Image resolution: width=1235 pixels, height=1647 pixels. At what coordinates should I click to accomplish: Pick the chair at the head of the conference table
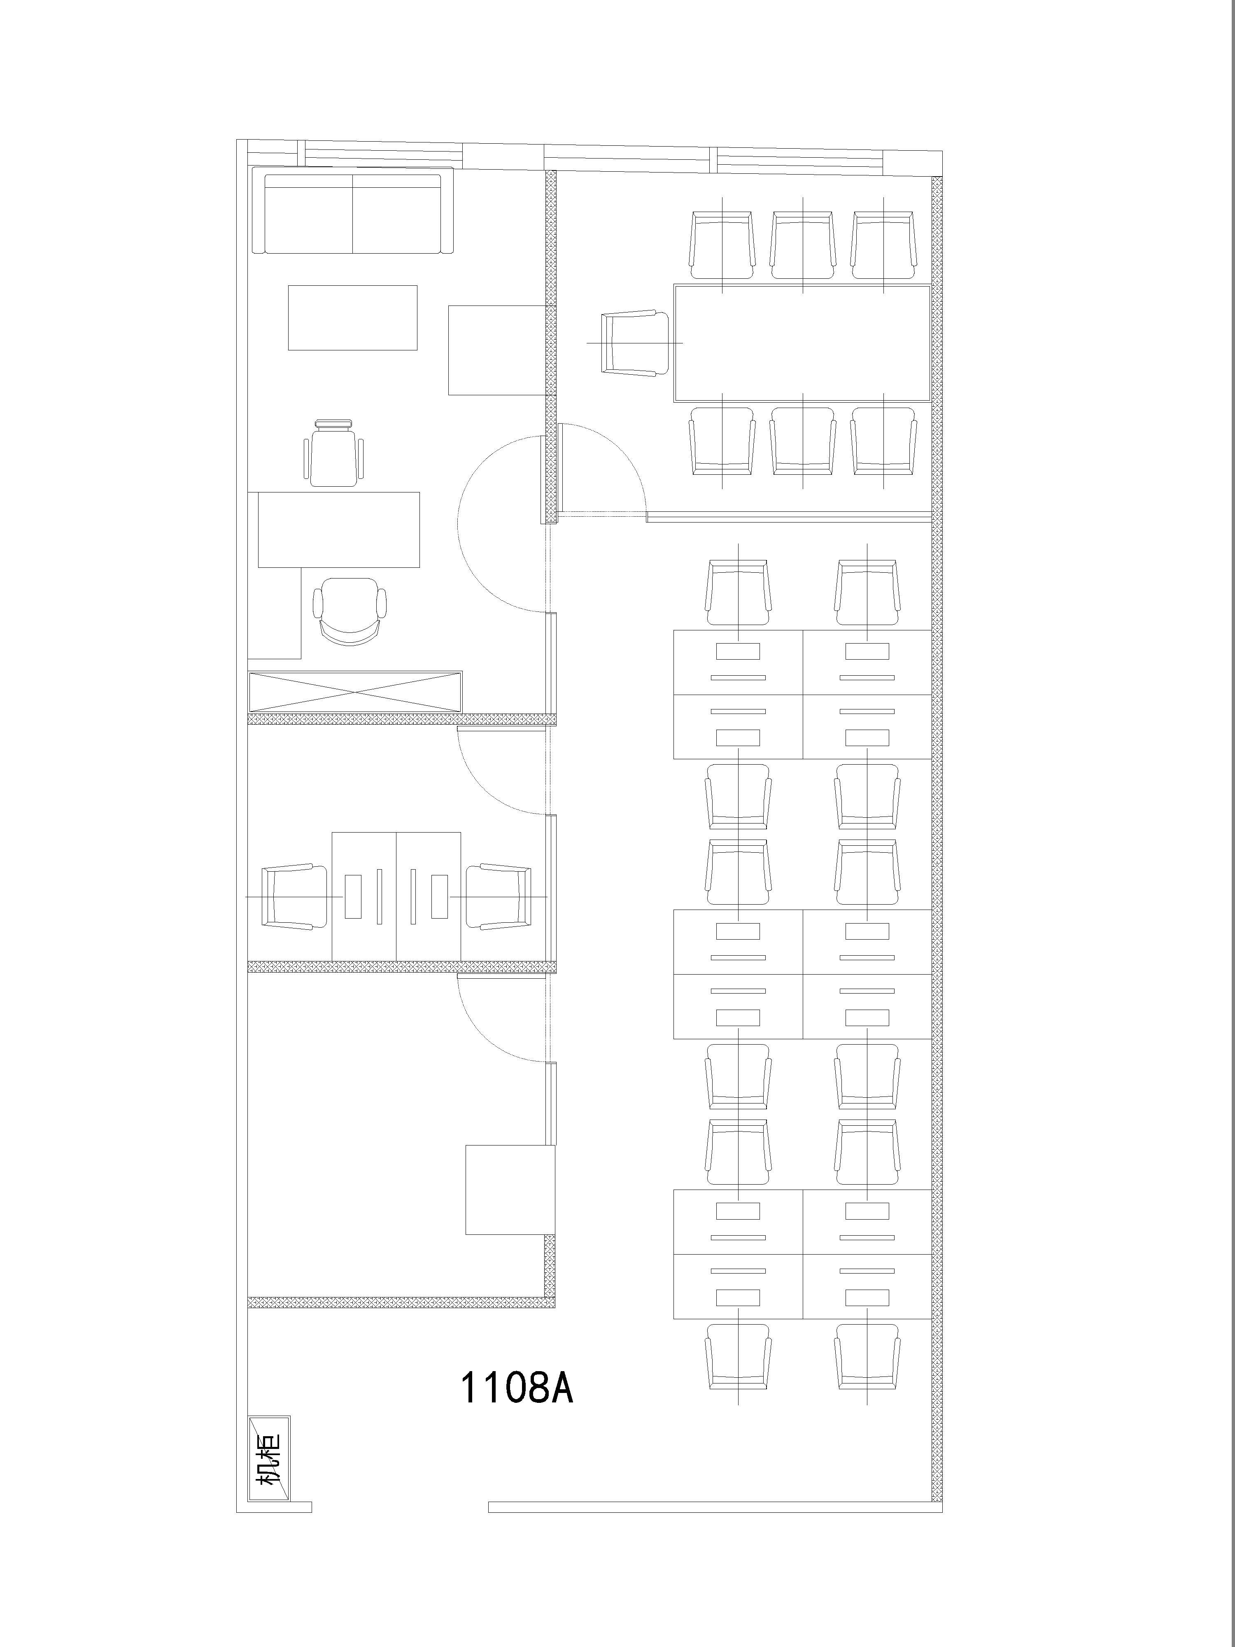point(636,343)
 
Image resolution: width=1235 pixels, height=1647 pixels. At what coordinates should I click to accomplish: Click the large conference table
point(802,343)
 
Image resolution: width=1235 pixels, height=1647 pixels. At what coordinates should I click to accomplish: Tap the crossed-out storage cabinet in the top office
point(356,692)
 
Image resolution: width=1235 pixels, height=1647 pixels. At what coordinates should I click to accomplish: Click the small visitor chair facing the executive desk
point(335,453)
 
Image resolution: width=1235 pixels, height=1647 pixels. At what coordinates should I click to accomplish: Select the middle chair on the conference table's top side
point(802,245)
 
